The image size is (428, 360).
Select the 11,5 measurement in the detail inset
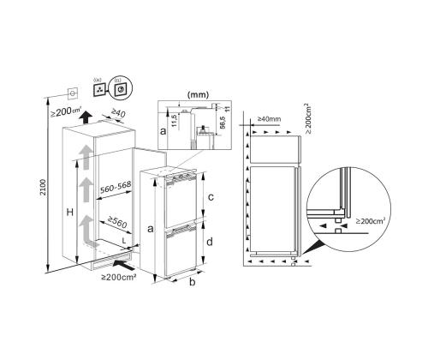click(x=174, y=118)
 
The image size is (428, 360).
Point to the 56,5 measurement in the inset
click(x=222, y=123)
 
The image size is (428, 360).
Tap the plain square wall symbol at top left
click(x=73, y=92)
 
